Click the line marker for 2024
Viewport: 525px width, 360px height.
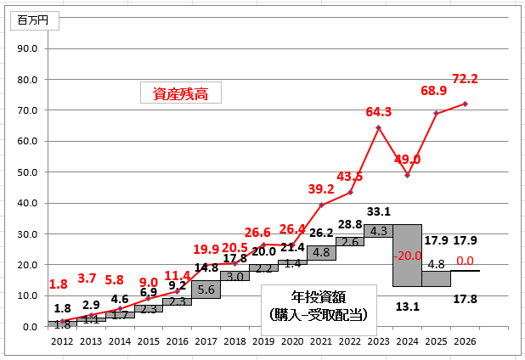coord(408,175)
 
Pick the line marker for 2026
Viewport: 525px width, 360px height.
coord(466,104)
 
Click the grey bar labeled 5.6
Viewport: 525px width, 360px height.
coord(206,290)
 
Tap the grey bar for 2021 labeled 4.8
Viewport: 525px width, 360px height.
coord(320,252)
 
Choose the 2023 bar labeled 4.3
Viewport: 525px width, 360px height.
coord(378,230)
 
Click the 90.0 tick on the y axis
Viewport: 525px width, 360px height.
coord(28,48)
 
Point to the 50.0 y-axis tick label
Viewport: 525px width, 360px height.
coord(28,172)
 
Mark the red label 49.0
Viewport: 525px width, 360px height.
coord(408,159)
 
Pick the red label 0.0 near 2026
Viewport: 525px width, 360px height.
coord(465,262)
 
